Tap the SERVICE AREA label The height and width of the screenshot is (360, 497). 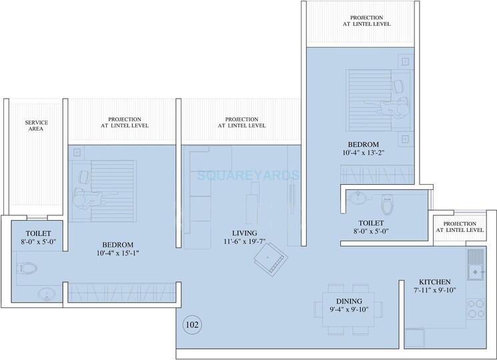[x=36, y=127]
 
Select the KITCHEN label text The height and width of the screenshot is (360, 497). [x=435, y=282]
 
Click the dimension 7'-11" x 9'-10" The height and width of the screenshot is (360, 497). [x=435, y=291]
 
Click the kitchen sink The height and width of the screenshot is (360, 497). [x=476, y=271]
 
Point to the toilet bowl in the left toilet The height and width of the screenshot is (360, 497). [x=27, y=269]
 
